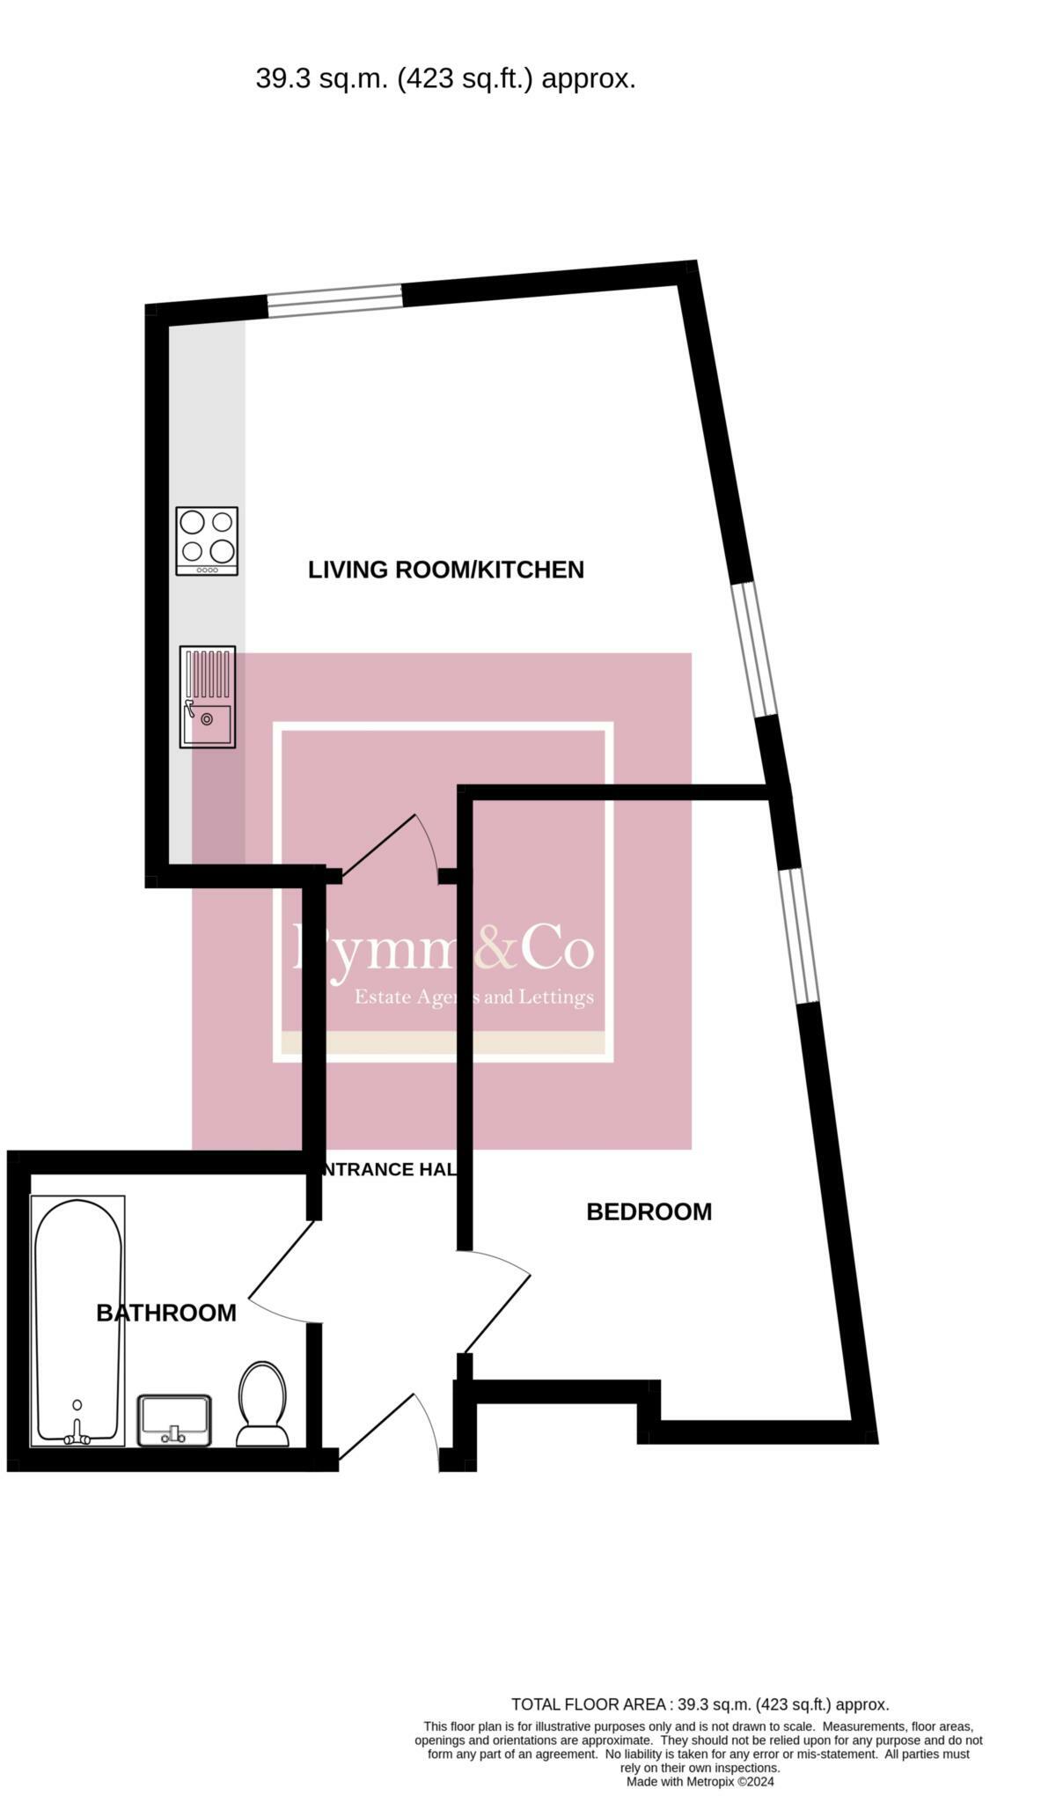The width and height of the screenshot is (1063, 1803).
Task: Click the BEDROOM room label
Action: [x=649, y=1211]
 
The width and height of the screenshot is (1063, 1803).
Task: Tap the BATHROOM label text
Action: [x=165, y=1313]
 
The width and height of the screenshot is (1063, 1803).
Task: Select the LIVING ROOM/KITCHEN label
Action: [x=445, y=570]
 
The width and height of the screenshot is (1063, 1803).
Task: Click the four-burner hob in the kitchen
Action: [x=207, y=541]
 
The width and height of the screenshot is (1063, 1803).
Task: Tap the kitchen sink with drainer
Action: [x=208, y=696]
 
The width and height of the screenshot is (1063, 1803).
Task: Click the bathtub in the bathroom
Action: [x=77, y=1321]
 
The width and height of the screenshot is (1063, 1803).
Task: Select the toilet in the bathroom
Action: [x=262, y=1404]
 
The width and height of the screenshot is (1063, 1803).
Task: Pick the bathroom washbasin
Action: [x=174, y=1419]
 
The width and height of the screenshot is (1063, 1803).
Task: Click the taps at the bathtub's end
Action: [x=77, y=1437]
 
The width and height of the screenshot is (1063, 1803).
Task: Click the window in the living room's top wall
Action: [x=334, y=299]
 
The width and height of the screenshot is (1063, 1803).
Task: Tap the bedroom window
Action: [x=800, y=935]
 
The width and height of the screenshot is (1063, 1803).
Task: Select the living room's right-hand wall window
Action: [x=756, y=649]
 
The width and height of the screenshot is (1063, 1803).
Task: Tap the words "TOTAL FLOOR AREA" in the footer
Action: [x=588, y=1704]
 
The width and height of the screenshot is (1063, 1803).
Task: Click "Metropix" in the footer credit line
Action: [x=710, y=1781]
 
